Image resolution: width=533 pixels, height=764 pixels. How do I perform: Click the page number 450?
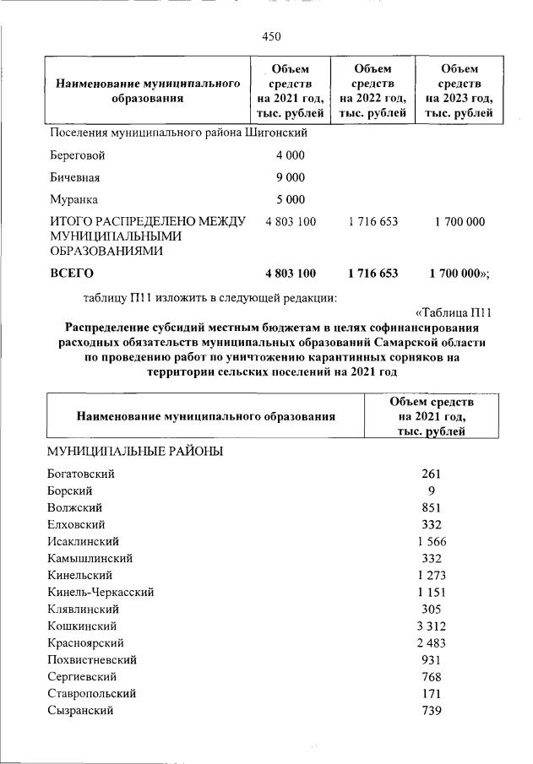click(271, 36)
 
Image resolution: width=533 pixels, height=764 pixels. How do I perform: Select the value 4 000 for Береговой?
click(290, 156)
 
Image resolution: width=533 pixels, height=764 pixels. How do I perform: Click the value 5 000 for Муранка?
click(290, 200)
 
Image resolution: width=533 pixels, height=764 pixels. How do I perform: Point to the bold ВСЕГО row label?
click(72, 274)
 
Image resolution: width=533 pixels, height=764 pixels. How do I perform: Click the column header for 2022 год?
click(373, 90)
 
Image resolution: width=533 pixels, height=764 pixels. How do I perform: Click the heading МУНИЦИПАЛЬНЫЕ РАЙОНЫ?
click(135, 452)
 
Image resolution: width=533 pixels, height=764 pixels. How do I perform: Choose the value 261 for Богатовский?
click(431, 474)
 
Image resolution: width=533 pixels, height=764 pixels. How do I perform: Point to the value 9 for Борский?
click(431, 490)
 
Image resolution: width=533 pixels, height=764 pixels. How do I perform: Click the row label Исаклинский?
click(84, 541)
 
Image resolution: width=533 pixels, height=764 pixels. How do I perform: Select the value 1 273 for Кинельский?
click(431, 575)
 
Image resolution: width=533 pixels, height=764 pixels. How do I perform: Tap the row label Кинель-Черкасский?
click(101, 592)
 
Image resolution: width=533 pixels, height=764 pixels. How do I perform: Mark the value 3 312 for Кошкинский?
click(431, 626)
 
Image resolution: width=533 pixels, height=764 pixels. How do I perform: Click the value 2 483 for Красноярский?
click(431, 642)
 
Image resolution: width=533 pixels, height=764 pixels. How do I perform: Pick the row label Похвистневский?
click(92, 659)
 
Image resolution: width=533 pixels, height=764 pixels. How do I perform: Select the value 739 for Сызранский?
click(431, 710)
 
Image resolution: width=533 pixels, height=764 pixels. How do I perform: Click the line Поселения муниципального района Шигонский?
click(177, 133)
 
